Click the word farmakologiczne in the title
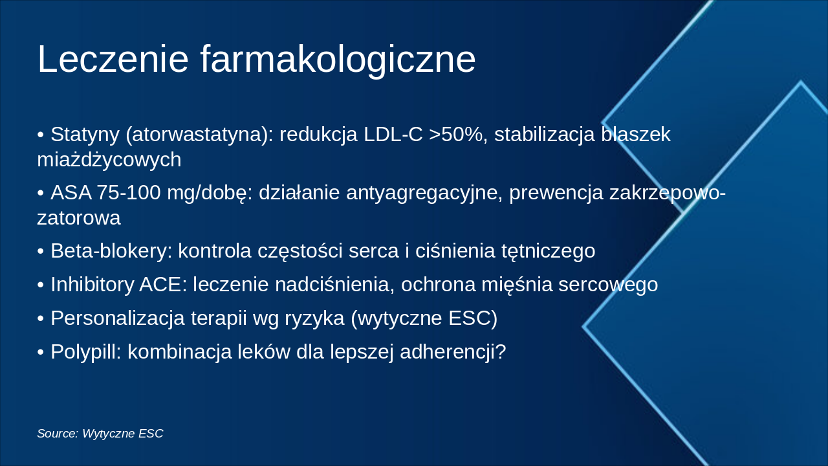click(338, 60)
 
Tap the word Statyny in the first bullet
click(85, 135)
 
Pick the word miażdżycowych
click(109, 159)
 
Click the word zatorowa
click(79, 217)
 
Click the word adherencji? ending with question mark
click(453, 352)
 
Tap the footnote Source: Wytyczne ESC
click(100, 434)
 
